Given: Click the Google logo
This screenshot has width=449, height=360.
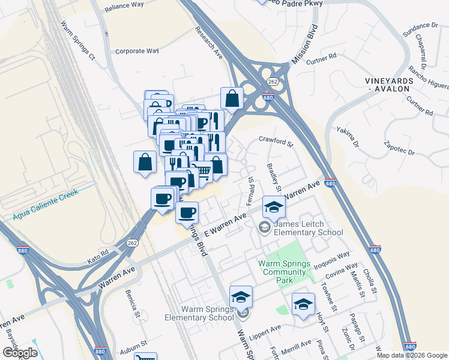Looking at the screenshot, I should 20,352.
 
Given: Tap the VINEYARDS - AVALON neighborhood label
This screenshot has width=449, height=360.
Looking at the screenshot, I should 388,84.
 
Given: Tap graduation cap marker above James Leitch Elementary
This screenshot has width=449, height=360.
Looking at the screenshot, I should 274,207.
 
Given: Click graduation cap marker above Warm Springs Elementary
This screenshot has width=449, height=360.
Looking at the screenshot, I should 241,296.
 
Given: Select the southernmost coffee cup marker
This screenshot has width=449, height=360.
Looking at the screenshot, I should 187,212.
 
